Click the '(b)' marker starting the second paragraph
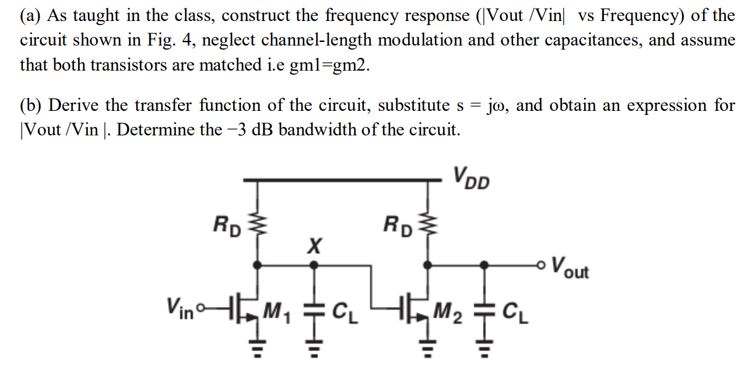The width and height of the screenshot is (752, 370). (x=32, y=106)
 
